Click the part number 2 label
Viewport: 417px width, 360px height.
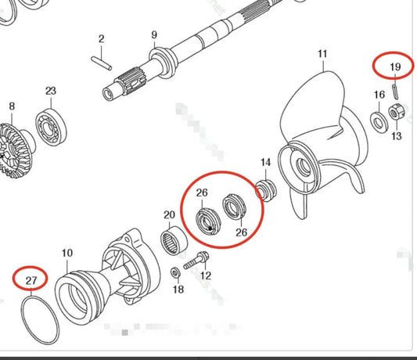[x=101, y=39]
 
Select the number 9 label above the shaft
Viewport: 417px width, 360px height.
[x=154, y=34]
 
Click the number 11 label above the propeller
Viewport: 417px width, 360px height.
[x=322, y=54]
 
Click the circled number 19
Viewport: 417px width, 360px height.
[x=394, y=67]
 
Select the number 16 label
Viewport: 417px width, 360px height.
[x=379, y=95]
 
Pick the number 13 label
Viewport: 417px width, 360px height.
[x=395, y=136]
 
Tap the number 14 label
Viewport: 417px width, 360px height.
[x=266, y=163]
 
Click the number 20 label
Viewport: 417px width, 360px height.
[x=169, y=214]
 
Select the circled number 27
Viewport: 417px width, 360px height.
[x=31, y=277]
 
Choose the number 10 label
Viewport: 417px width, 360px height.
[x=67, y=253]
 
